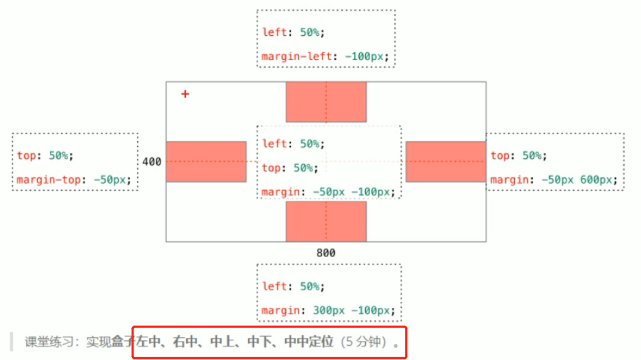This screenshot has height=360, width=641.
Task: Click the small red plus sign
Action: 185,94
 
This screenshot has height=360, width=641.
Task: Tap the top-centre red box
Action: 326,102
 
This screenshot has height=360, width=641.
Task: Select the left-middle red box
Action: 206,162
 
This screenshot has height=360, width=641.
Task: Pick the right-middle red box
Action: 445,162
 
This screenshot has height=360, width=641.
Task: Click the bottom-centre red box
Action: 326,221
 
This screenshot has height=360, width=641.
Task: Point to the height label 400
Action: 152,162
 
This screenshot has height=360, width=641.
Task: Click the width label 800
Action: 326,253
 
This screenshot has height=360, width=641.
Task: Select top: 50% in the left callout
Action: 44,156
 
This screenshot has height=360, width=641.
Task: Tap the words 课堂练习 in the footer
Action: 49,342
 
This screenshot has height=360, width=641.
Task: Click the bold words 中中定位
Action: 309,342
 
